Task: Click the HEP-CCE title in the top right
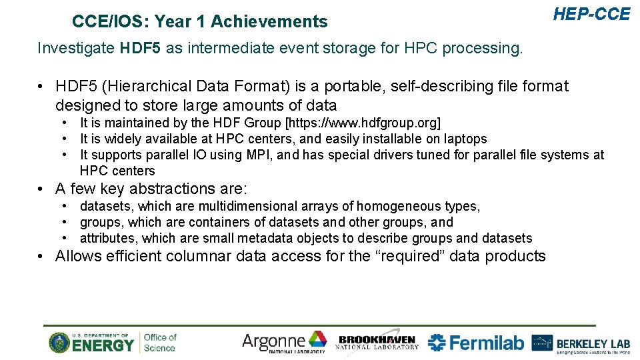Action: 591,14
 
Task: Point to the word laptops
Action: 464,139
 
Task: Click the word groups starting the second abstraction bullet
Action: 101,222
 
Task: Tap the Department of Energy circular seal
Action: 59,343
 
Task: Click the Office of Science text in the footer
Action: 160,343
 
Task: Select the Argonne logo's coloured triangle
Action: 317,339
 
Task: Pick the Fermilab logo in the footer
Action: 475,343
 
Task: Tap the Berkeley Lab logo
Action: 581,343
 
